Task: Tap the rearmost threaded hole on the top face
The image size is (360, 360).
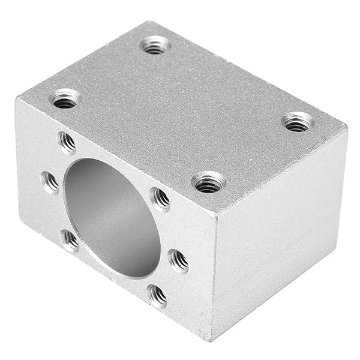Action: click(155, 45)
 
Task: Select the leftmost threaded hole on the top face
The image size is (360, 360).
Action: click(65, 98)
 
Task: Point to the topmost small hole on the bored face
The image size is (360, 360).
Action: click(67, 143)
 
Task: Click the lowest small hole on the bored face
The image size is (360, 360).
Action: click(157, 295)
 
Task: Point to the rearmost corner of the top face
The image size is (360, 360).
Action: click(145, 22)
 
